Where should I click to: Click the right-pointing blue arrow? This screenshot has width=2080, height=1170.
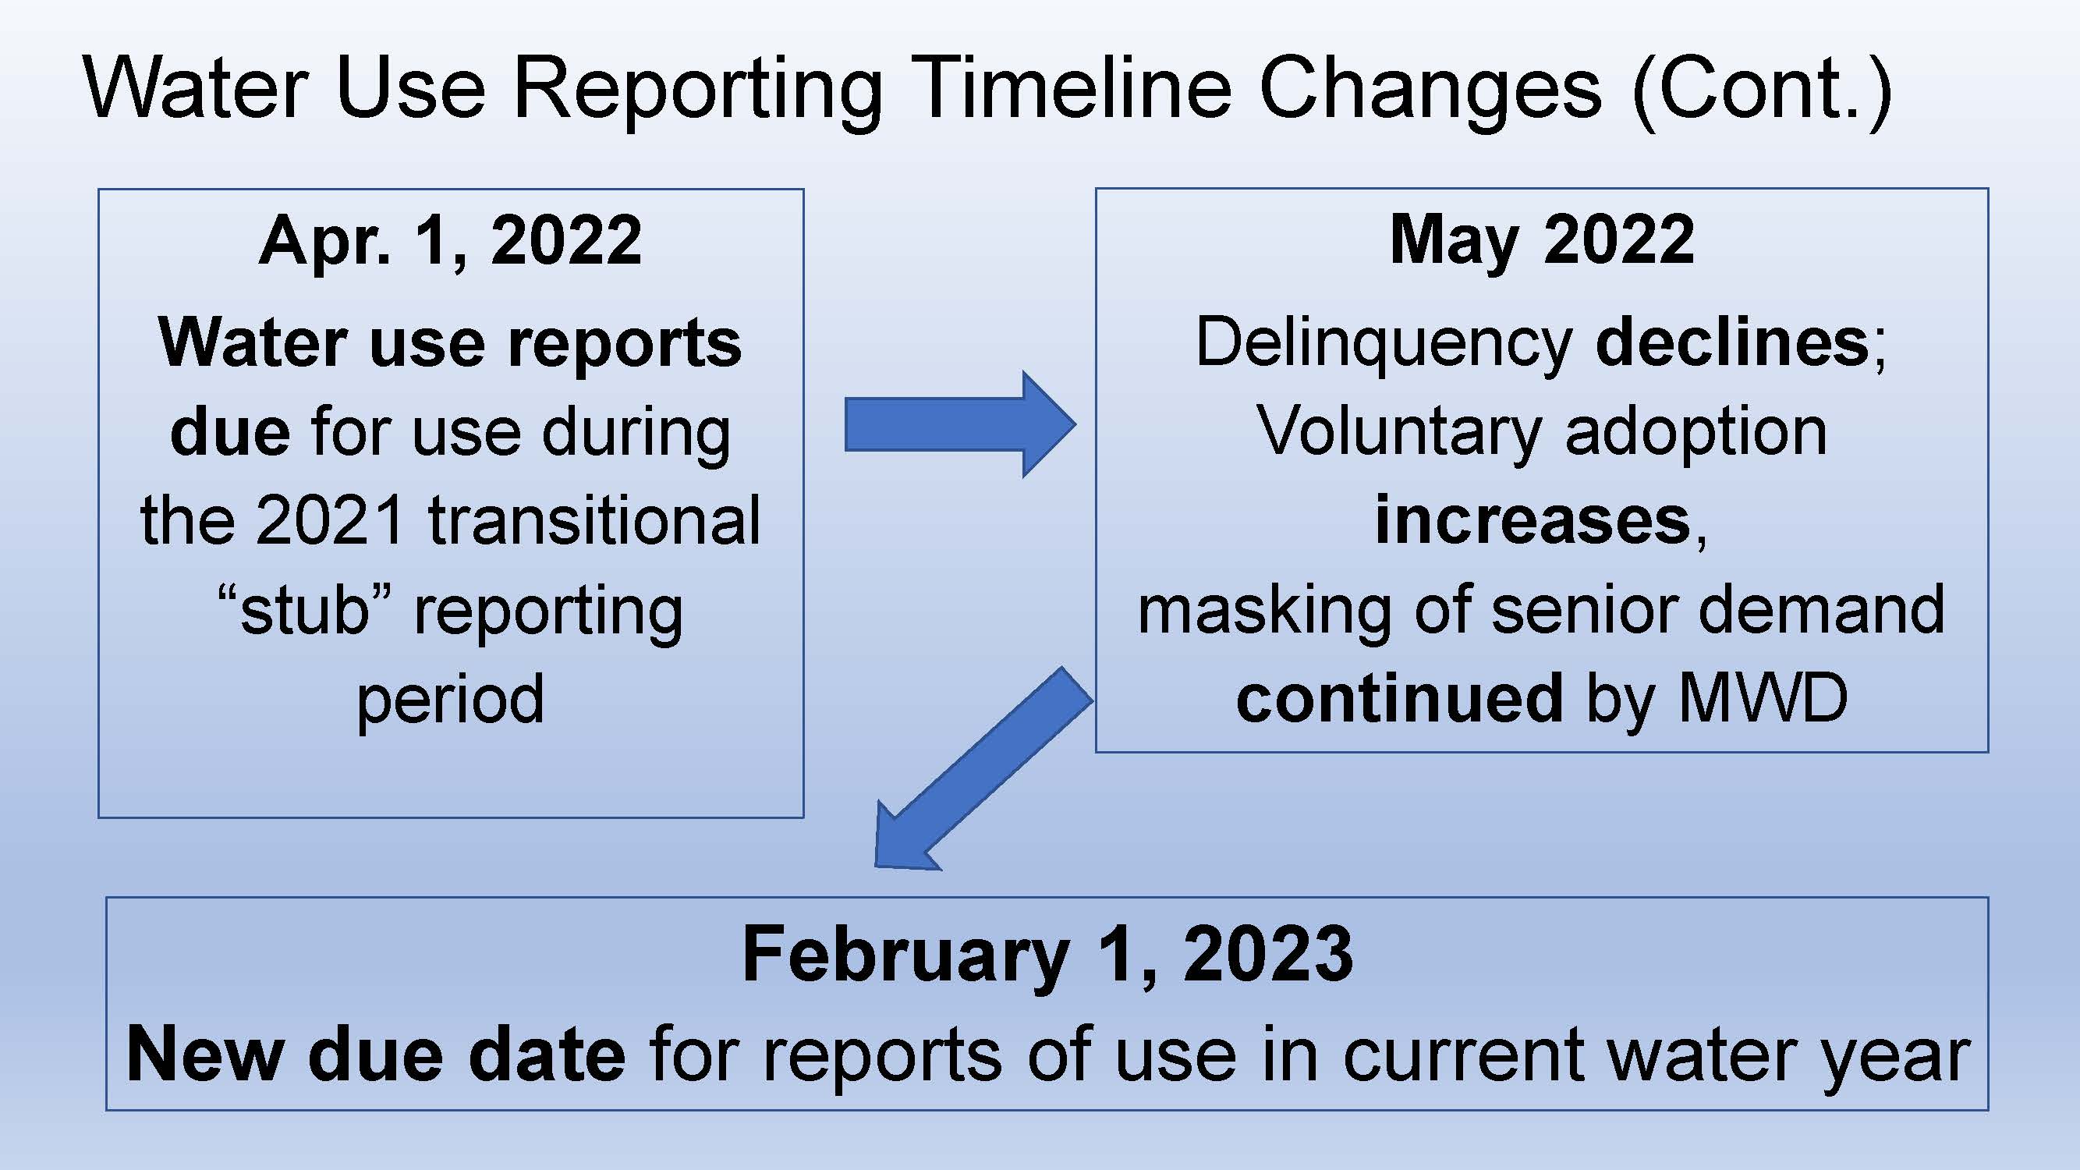pos(960,424)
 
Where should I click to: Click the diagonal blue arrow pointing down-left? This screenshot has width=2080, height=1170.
pos(984,769)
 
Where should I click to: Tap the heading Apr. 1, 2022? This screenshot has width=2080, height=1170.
pos(451,240)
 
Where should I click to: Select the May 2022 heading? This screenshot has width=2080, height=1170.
pos(1541,239)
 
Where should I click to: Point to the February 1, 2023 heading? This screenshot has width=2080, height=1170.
pos(1047,955)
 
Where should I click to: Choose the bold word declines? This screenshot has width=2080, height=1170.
pos(1733,342)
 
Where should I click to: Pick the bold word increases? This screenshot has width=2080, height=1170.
pos(1533,520)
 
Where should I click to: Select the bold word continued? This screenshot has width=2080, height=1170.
pos(1400,697)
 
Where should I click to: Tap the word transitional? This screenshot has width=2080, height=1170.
pos(594,520)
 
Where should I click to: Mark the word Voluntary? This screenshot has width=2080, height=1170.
pos(1399,433)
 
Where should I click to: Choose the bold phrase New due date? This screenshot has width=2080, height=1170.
pos(376,1055)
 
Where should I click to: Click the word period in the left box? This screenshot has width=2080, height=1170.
pos(451,700)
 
